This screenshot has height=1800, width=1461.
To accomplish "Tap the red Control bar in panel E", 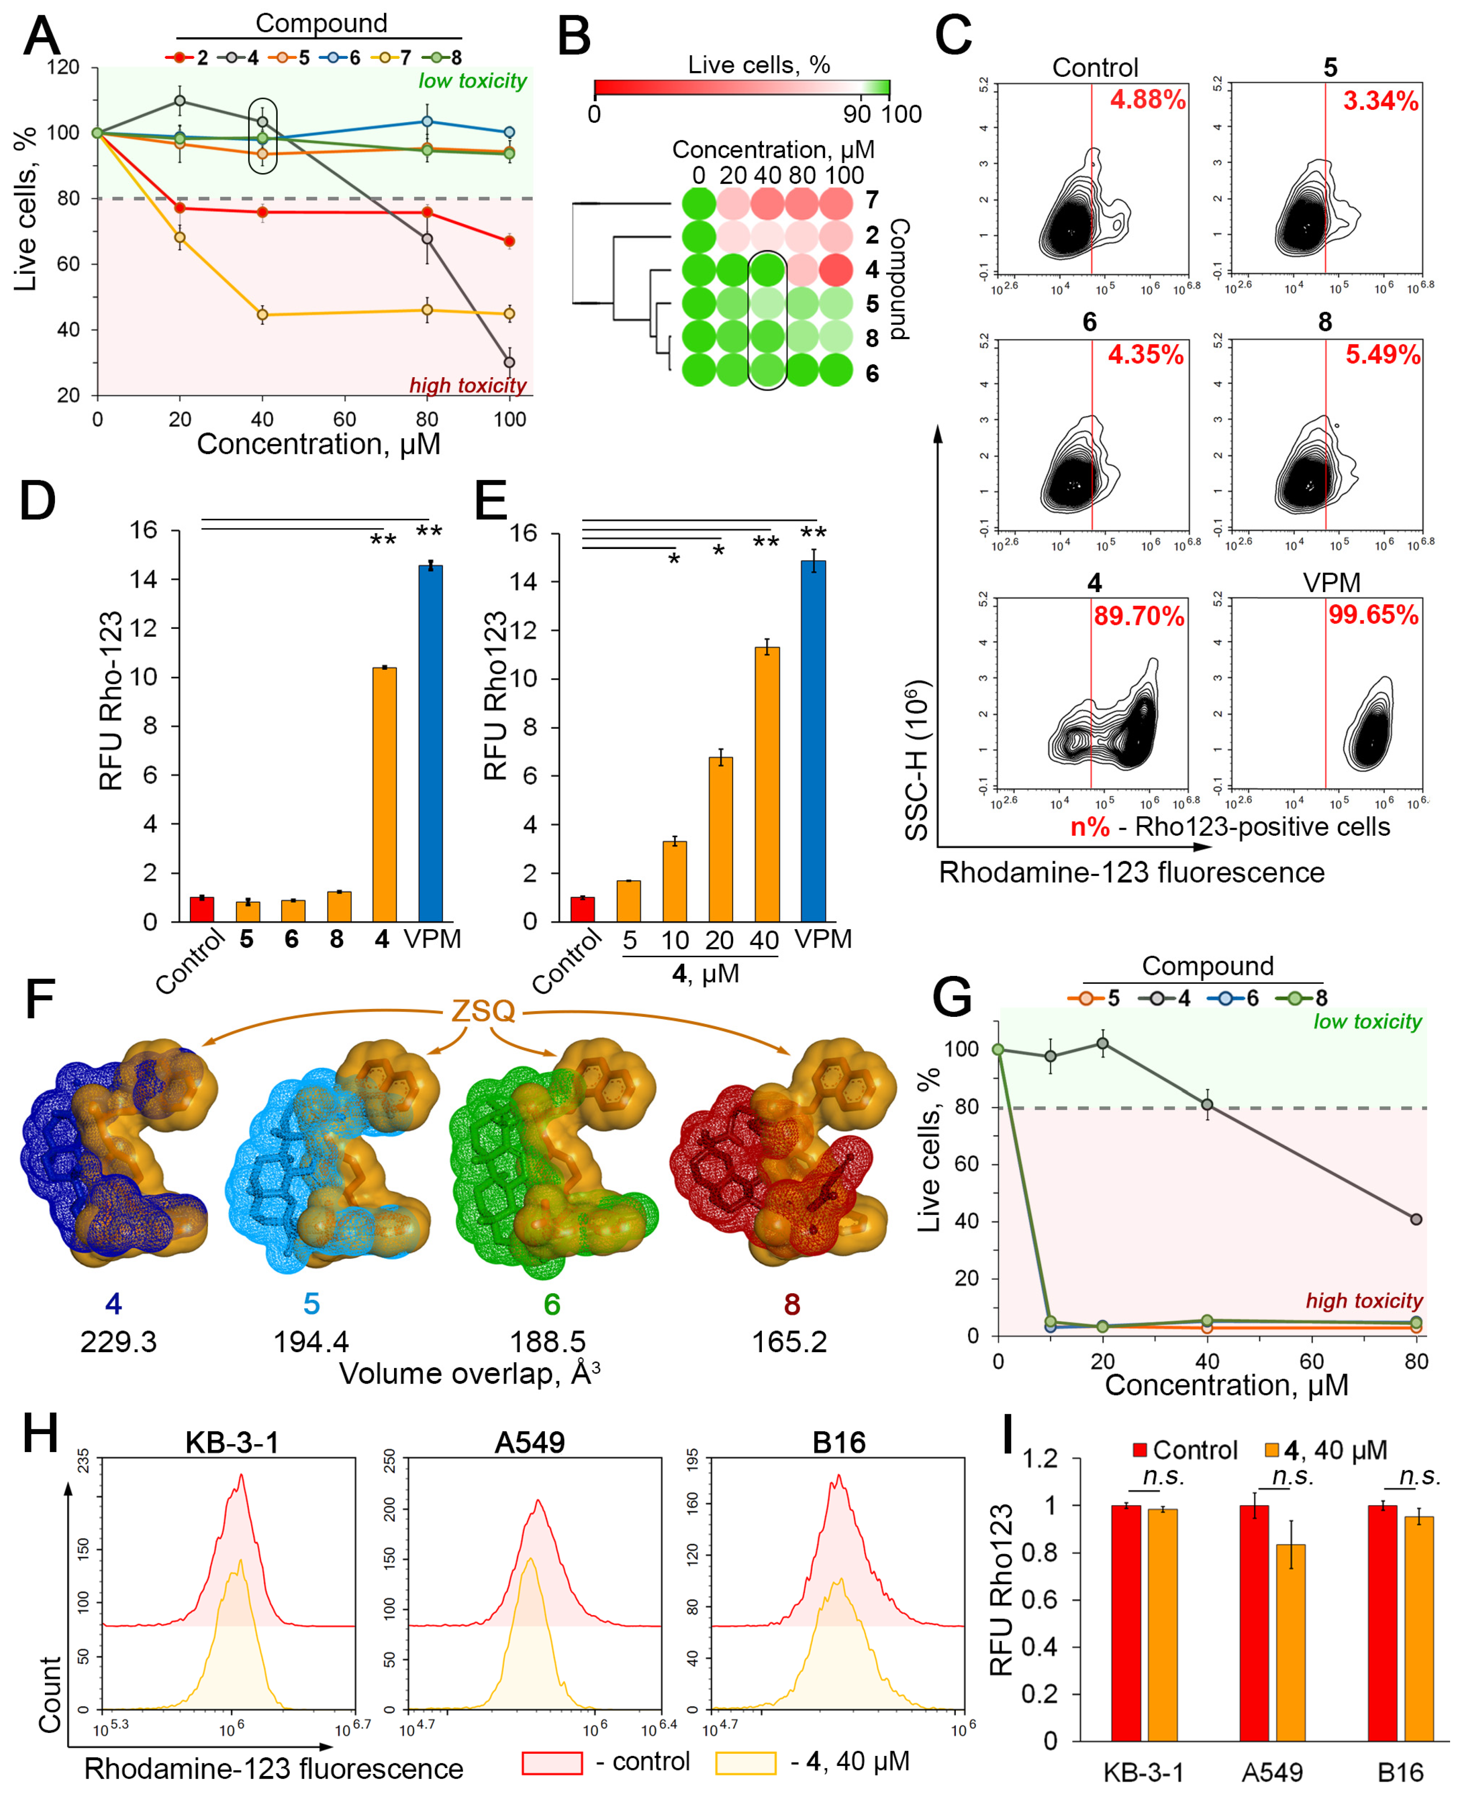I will [x=582, y=909].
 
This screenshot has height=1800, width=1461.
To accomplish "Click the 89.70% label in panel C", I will [x=1138, y=616].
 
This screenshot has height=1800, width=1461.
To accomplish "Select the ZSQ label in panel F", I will [x=483, y=1010].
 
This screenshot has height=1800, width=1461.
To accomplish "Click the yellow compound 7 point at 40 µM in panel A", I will [x=262, y=315].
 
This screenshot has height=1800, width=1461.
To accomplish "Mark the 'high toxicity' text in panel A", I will [x=468, y=385].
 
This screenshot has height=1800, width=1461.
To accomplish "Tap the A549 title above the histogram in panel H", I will [x=530, y=1442].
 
